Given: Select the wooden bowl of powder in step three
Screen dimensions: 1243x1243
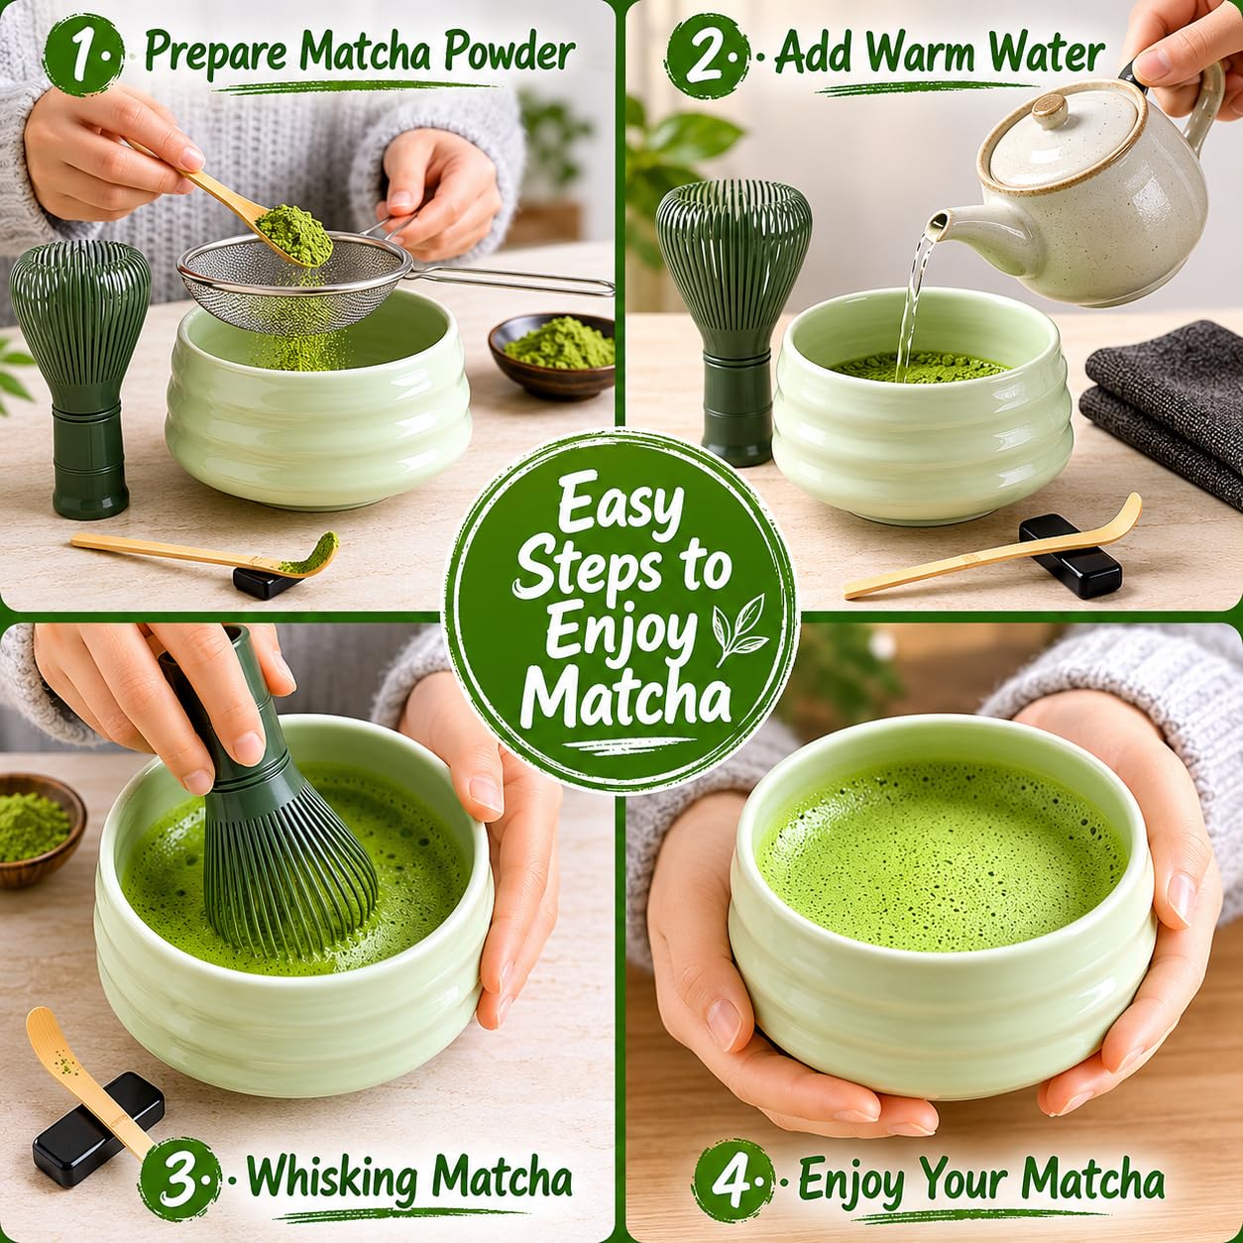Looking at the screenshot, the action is (38, 830).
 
